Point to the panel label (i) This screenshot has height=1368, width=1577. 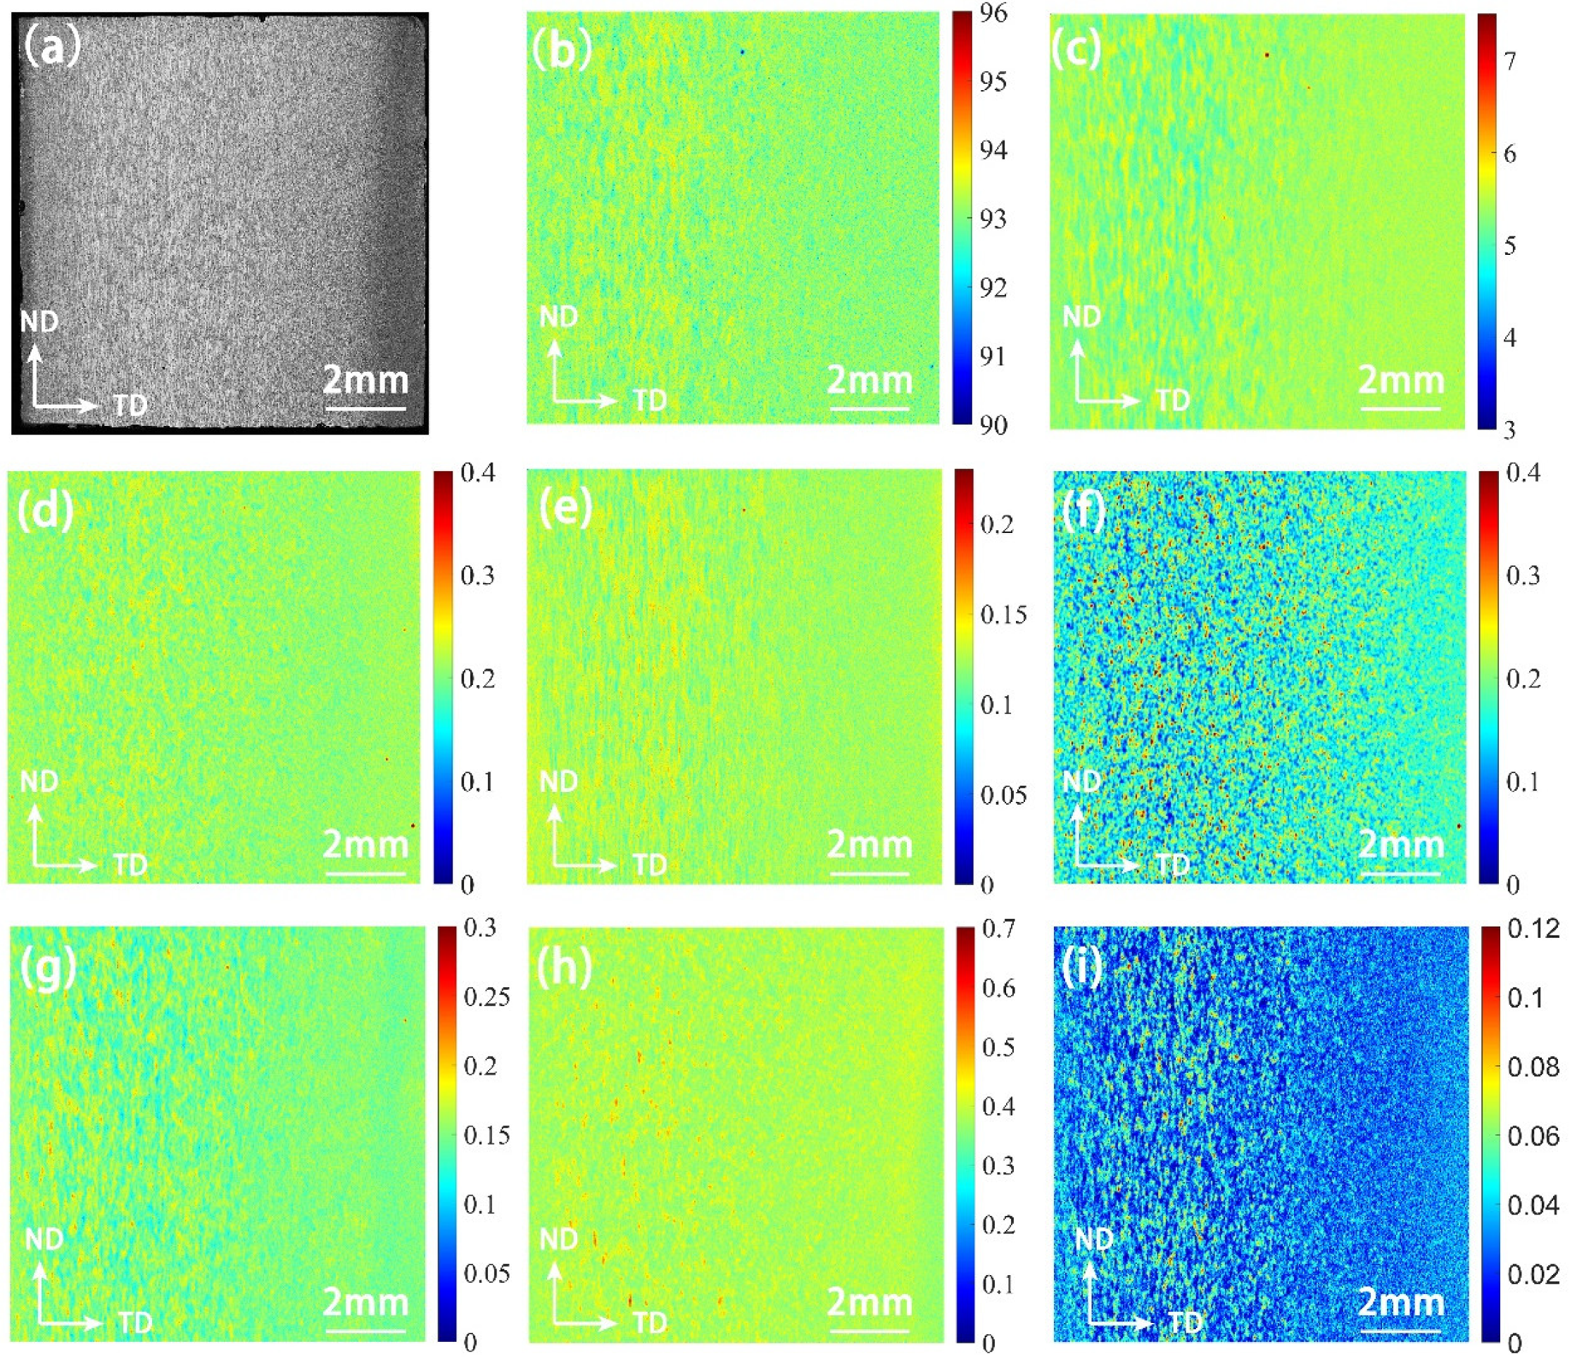1082,968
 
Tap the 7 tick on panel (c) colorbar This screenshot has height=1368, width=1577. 1510,61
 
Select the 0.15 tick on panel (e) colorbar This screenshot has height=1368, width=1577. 1003,615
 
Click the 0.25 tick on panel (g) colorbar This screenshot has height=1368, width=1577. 486,996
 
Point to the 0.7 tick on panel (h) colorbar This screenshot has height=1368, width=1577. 998,929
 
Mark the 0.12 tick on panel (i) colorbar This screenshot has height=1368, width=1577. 1533,929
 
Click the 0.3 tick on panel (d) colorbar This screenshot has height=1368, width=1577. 478,575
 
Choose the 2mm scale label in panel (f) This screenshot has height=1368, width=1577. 1402,844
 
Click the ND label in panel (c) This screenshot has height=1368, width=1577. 1081,316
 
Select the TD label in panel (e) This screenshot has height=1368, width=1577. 650,865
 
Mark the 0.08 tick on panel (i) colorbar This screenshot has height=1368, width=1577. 1533,1067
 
